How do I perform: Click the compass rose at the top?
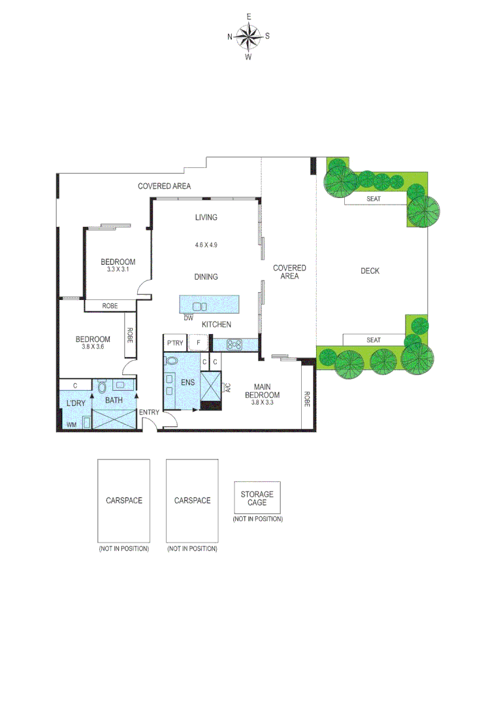(x=248, y=37)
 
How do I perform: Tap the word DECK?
(x=370, y=271)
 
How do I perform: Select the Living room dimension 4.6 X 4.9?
(x=206, y=245)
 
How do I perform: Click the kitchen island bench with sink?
(x=209, y=305)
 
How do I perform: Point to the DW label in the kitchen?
(x=188, y=318)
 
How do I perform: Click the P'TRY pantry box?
(x=174, y=343)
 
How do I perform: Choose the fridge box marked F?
(x=198, y=343)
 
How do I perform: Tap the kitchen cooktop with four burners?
(x=234, y=343)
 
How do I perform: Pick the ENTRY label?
(x=150, y=412)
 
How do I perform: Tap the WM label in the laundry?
(x=71, y=425)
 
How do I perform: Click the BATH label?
(x=114, y=400)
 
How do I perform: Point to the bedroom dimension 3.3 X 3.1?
(x=118, y=269)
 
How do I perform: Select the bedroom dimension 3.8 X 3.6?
(x=93, y=347)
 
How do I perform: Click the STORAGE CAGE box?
(x=257, y=498)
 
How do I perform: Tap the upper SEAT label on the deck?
(x=374, y=199)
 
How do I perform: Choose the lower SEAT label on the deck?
(x=374, y=340)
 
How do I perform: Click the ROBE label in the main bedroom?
(x=307, y=398)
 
